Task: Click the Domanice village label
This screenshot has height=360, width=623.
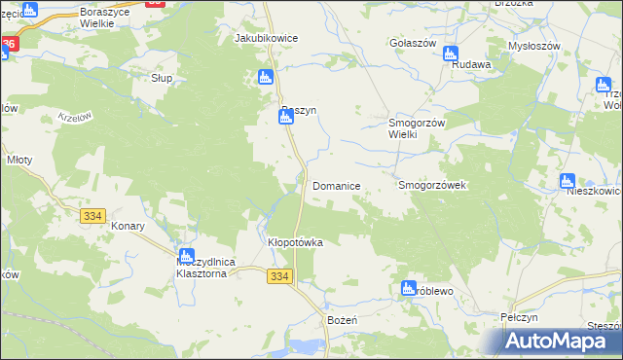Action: click(x=337, y=185)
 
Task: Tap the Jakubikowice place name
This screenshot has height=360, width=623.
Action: click(x=266, y=38)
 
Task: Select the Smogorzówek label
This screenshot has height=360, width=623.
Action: click(x=433, y=185)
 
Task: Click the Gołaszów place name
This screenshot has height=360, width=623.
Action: click(x=411, y=44)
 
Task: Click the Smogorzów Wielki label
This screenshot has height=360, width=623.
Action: click(x=417, y=128)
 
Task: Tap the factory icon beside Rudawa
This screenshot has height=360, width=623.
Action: click(x=453, y=55)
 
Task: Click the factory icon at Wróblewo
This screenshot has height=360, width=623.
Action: click(x=409, y=288)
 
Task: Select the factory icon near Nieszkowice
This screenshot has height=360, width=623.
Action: click(x=568, y=181)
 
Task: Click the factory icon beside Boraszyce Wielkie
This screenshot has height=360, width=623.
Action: click(x=30, y=10)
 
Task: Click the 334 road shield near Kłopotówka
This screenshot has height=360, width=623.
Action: click(x=278, y=277)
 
